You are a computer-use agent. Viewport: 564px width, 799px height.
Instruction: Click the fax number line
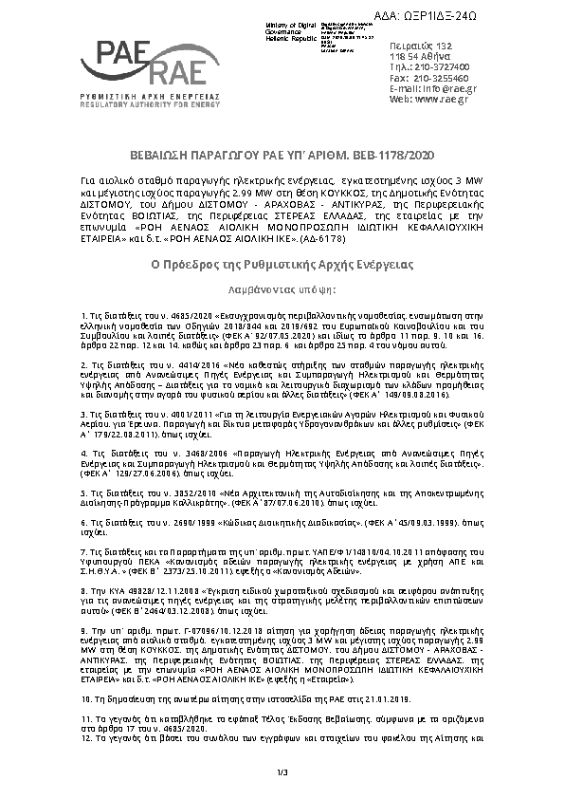[428, 78]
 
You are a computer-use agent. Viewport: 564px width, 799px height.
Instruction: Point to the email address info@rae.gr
[439, 88]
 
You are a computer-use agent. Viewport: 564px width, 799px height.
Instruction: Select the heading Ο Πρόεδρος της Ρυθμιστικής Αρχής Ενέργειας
[282, 237]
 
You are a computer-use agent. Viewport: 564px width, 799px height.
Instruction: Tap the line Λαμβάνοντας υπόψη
[282, 260]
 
